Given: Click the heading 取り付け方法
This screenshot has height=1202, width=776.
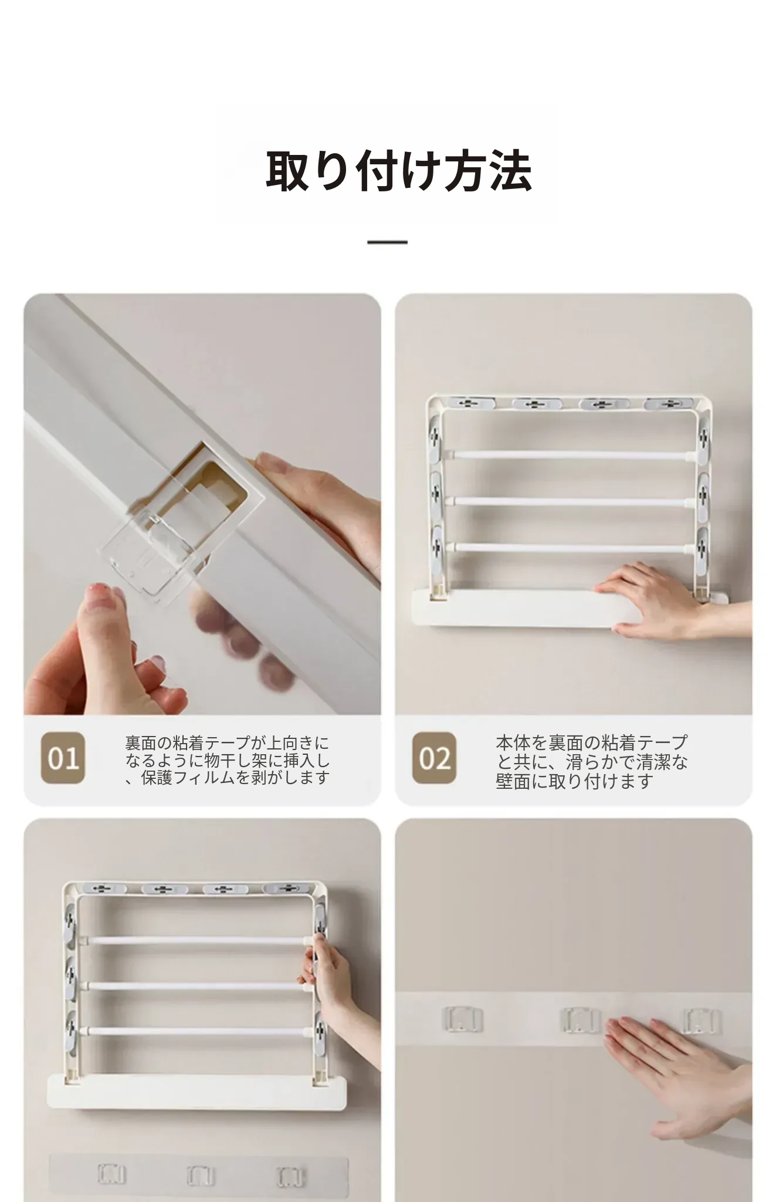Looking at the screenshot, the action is click(399, 171).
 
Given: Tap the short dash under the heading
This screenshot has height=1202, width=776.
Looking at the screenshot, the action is click(387, 242).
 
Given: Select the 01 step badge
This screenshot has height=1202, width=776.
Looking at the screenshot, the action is click(63, 758).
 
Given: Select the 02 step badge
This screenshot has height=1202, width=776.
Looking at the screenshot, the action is click(434, 758).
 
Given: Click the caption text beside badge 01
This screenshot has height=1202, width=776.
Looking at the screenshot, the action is click(228, 760).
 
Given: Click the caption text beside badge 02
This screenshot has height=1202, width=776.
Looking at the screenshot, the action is click(592, 761).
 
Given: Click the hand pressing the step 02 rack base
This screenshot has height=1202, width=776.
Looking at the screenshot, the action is click(663, 599).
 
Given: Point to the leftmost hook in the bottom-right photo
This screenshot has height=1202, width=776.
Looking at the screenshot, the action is click(462, 1019).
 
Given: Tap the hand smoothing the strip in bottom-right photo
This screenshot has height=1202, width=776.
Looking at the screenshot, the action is click(680, 1068).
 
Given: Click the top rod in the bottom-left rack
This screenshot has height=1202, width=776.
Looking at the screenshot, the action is click(197, 940).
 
